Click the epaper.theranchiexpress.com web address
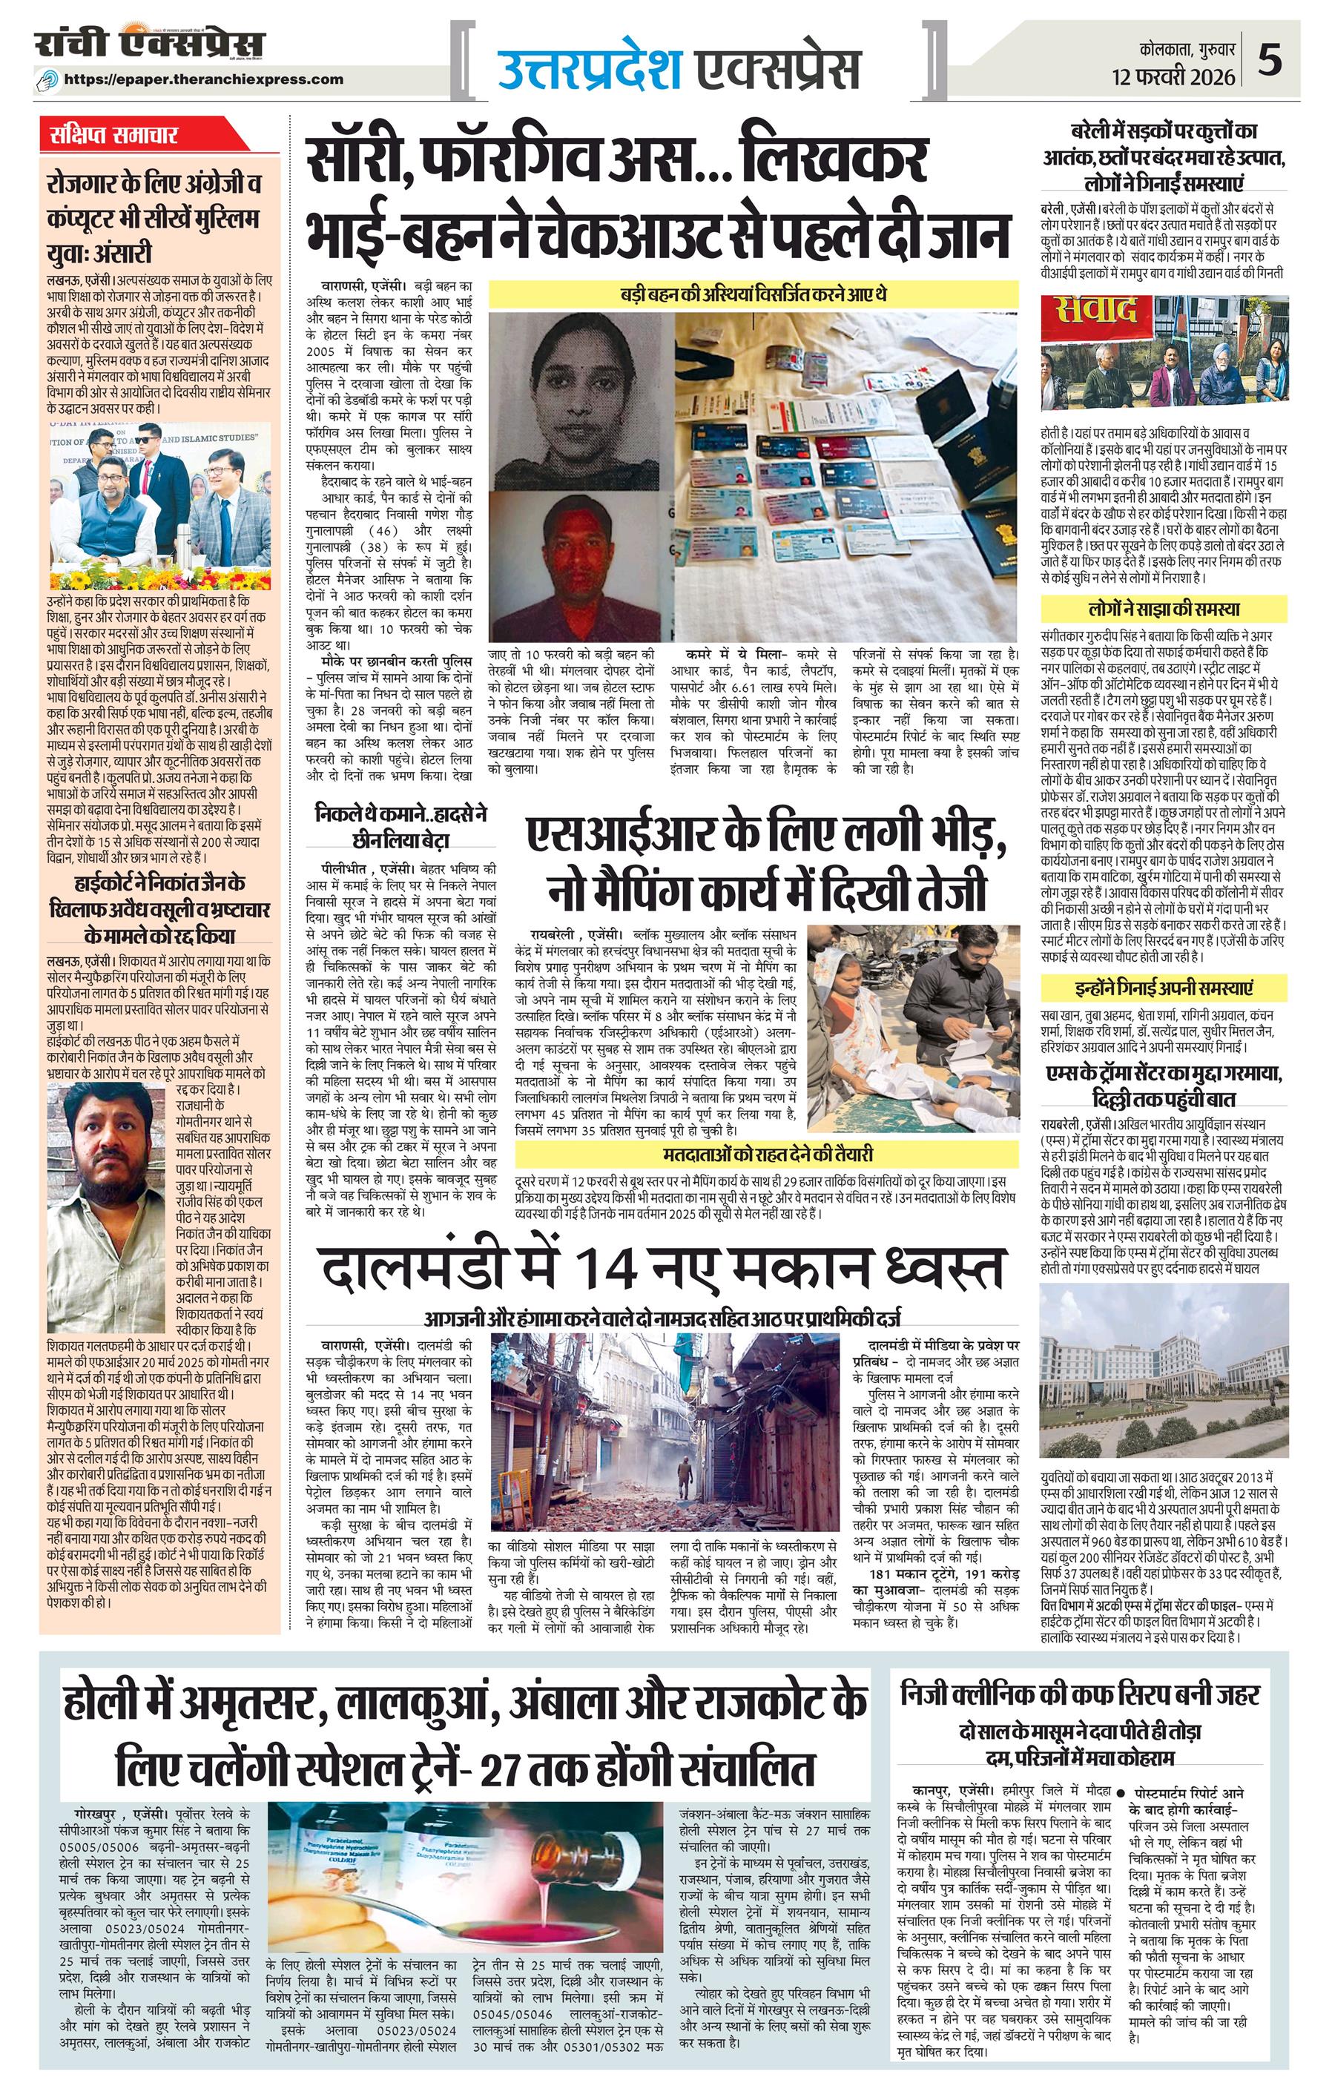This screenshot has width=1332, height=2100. pos(204,79)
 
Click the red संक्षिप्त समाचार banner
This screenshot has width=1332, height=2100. pos(114,135)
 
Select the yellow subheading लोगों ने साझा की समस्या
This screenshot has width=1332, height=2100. pos(1164,609)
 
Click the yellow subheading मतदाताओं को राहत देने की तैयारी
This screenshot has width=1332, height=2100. pos(767,1154)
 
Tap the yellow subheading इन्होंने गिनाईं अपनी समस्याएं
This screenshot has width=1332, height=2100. pos(1164,988)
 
